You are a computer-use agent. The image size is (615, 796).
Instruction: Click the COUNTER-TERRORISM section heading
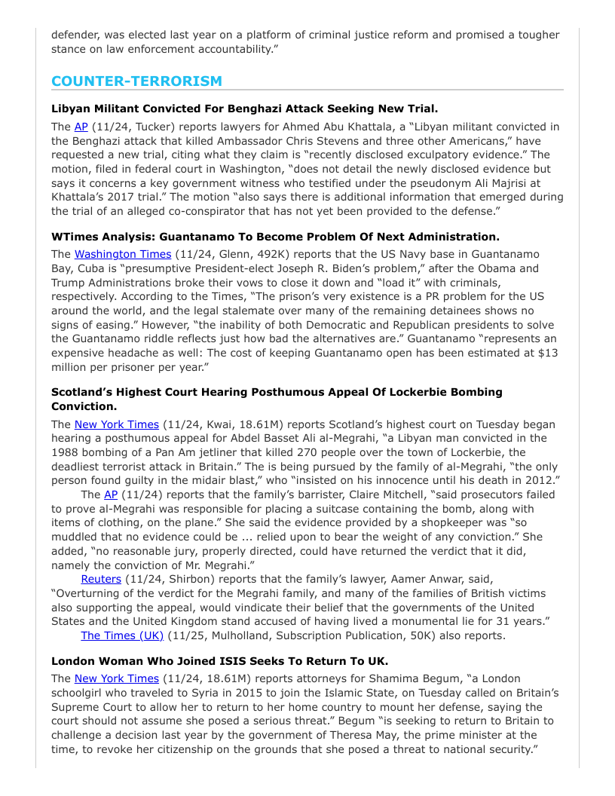pos(136,81)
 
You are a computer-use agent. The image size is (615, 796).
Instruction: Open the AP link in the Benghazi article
pos(81,127)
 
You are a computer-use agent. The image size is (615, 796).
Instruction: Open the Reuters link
pos(101,579)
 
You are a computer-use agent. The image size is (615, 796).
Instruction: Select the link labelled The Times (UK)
pos(122,635)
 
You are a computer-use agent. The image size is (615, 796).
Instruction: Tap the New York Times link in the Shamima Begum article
pos(117,679)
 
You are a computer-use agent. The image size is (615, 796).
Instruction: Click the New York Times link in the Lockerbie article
pos(117,424)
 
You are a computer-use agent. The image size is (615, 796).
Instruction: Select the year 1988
pos(66,452)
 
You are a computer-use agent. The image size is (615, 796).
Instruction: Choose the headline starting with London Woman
pos(220,661)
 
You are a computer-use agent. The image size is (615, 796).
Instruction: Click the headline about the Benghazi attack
pos(245,109)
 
